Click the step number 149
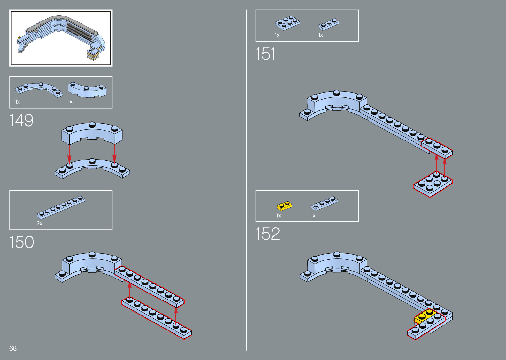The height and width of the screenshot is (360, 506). (x=21, y=120)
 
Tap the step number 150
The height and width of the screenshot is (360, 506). (x=21, y=242)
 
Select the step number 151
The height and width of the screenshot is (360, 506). (x=265, y=54)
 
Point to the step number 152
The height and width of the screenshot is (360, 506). (x=268, y=234)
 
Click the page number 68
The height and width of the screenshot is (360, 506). (x=13, y=348)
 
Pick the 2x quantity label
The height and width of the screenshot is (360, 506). (x=39, y=223)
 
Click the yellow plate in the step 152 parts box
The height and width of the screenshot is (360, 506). (x=284, y=206)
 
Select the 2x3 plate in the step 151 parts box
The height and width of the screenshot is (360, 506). (x=287, y=23)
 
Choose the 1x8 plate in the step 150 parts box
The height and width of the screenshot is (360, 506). (x=61, y=207)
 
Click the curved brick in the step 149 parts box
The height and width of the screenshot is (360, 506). (x=88, y=90)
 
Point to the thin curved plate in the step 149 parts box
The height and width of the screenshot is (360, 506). (x=39, y=89)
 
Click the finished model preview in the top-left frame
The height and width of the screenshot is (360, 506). (x=61, y=38)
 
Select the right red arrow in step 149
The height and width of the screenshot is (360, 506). (x=114, y=153)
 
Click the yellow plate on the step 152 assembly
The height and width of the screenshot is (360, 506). (x=424, y=316)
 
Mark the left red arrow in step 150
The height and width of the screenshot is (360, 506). (x=129, y=290)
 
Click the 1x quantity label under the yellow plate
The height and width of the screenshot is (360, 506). (x=279, y=216)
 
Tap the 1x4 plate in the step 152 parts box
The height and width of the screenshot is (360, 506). (x=324, y=203)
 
